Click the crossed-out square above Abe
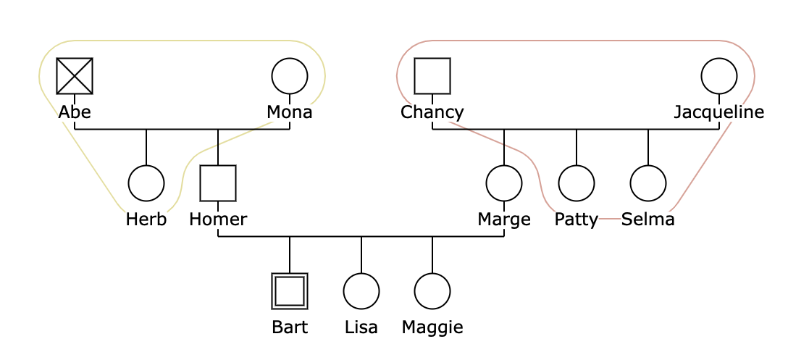[75, 76]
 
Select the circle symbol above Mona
[290, 76]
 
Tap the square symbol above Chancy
[432, 76]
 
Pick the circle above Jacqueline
[719, 76]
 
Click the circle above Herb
[146, 183]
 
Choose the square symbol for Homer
[218, 183]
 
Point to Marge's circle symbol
[504, 183]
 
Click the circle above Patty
[577, 183]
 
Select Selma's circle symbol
[648, 183]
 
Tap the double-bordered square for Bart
[290, 291]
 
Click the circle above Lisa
[361, 291]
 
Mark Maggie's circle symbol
[432, 291]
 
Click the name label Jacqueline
[719, 112]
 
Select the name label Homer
[218, 219]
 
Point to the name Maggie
[432, 327]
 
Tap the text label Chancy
[432, 112]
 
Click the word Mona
[290, 112]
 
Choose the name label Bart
[290, 327]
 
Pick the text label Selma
[648, 219]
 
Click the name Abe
[75, 112]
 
